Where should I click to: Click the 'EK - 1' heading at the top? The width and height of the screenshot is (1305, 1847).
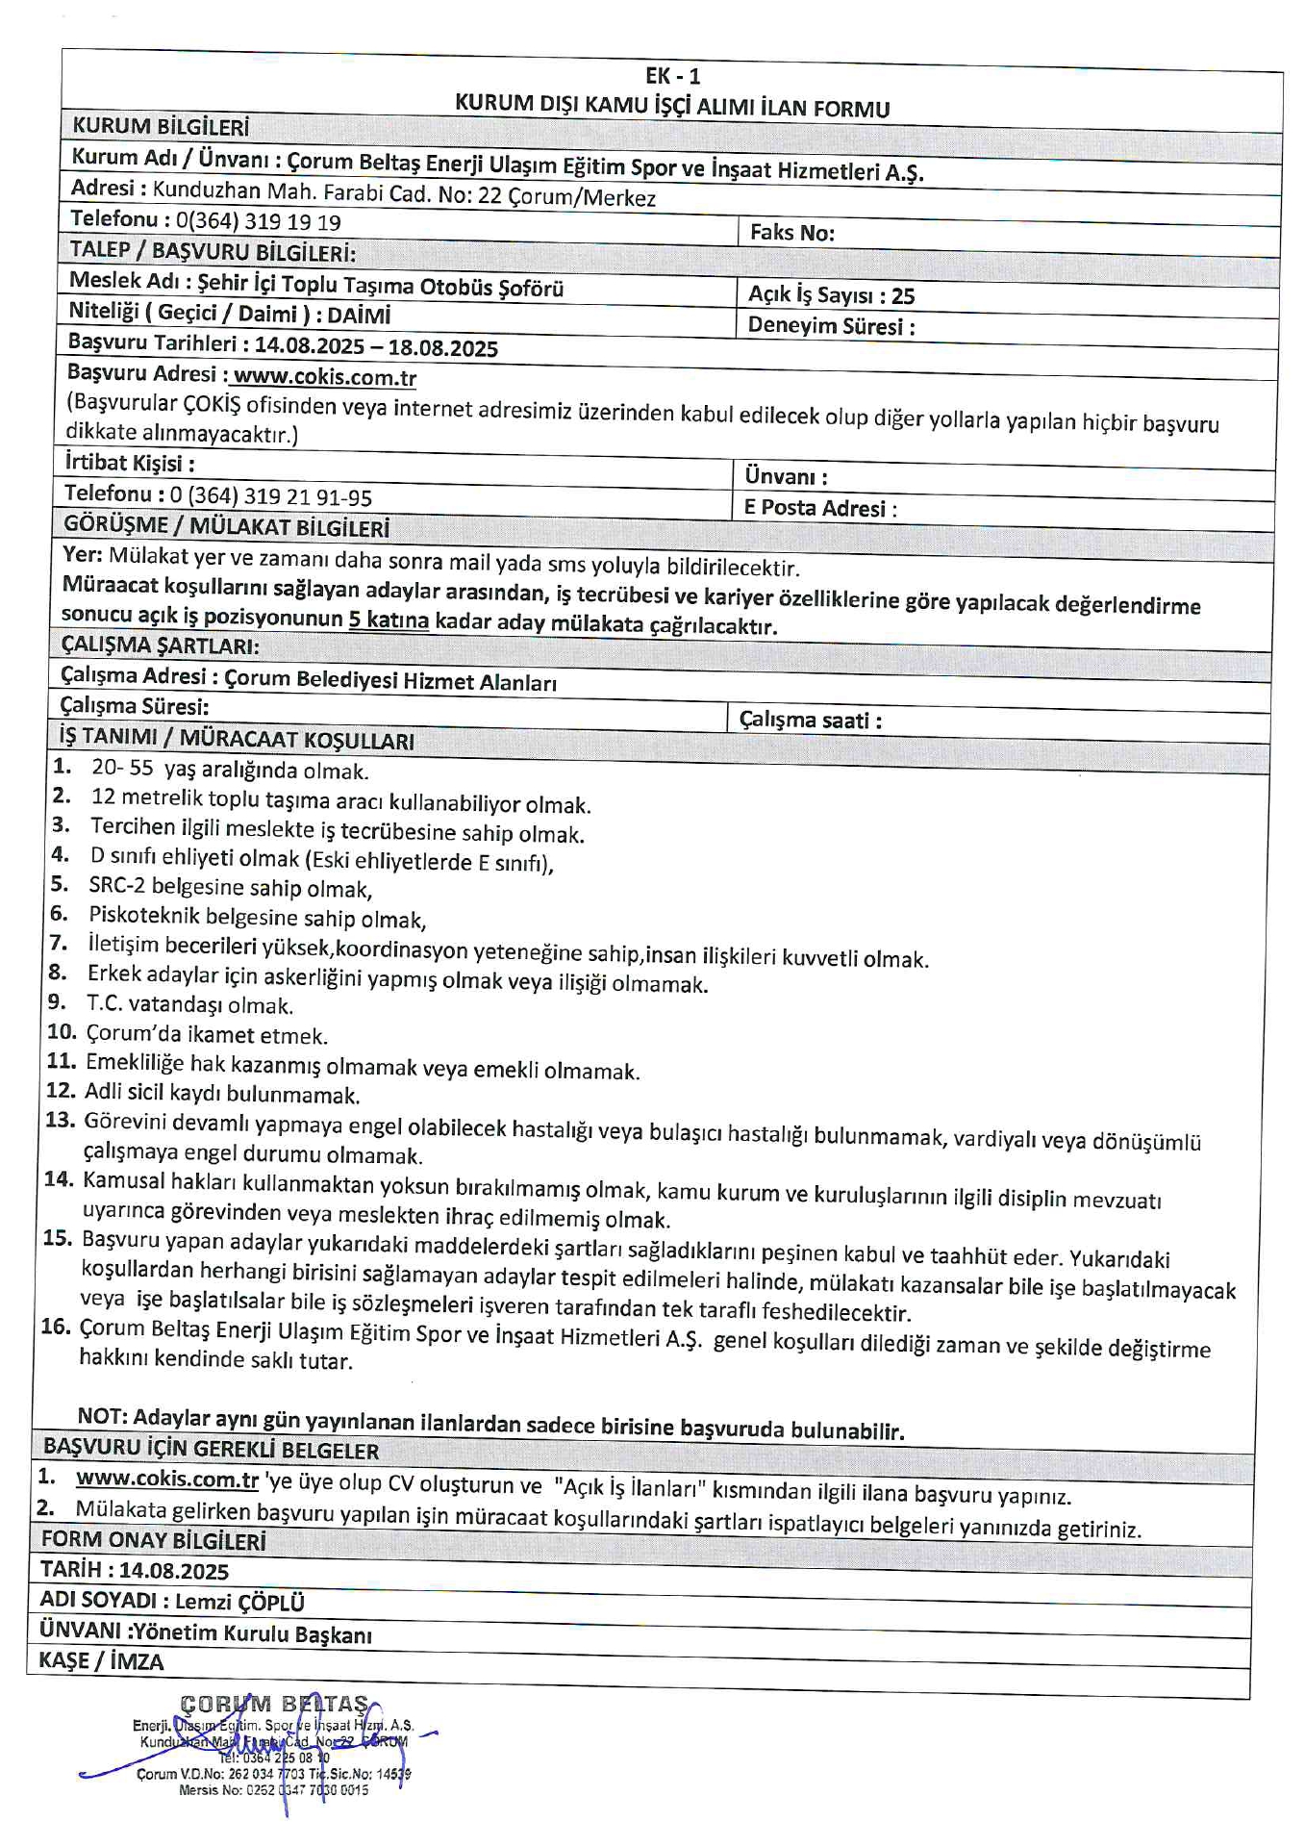click(x=672, y=77)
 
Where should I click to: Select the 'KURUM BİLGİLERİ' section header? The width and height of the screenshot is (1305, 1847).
click(x=161, y=126)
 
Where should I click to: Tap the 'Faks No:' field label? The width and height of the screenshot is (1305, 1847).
click(x=791, y=233)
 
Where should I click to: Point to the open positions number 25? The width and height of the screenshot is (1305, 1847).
click(x=902, y=296)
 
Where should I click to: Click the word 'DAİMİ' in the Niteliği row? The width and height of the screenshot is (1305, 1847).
click(x=359, y=316)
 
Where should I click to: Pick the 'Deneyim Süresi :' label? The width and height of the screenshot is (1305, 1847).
click(x=831, y=326)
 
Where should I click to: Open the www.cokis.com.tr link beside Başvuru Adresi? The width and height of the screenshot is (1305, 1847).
click(x=324, y=378)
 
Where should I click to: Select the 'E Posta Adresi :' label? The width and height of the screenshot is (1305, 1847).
click(x=819, y=509)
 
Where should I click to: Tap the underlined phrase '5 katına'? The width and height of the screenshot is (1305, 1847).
click(x=389, y=620)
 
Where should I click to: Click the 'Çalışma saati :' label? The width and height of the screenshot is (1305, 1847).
click(x=810, y=720)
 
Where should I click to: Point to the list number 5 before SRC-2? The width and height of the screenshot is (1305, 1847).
click(x=59, y=884)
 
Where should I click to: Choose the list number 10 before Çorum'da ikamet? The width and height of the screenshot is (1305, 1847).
click(x=62, y=1032)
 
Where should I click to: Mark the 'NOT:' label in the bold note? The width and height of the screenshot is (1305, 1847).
click(x=102, y=1416)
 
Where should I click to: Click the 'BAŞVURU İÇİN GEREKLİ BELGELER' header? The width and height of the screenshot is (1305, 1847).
click(x=211, y=1450)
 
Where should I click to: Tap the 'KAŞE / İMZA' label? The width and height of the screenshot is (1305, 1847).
click(x=101, y=1661)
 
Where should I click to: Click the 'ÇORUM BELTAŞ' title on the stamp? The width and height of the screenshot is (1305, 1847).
click(x=274, y=1705)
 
